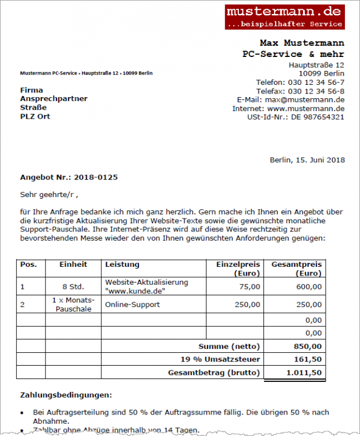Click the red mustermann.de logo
tap(284, 17)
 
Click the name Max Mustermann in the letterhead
tap(301, 43)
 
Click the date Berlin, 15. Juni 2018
tap(307, 160)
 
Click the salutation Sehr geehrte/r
tap(49, 194)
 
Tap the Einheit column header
tap(73, 265)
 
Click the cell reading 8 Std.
tap(73, 287)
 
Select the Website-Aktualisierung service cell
tap(147, 286)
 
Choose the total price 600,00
tap(309, 287)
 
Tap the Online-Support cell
tap(133, 305)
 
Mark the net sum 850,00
tap(309, 346)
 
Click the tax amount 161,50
tap(309, 359)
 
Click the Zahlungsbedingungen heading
tap(66, 395)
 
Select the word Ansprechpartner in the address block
tap(54, 99)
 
